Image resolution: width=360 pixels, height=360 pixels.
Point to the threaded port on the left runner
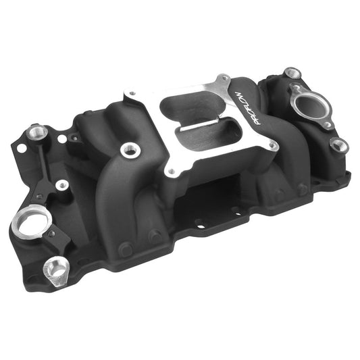tap(126, 151)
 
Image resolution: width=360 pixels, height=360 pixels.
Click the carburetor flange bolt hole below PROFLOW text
tap(273, 143)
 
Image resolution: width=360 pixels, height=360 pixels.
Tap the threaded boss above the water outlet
tap(292, 72)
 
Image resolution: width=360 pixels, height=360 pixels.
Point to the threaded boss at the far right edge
tap(339, 145)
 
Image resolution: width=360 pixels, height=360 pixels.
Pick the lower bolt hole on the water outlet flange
tap(326, 124)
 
